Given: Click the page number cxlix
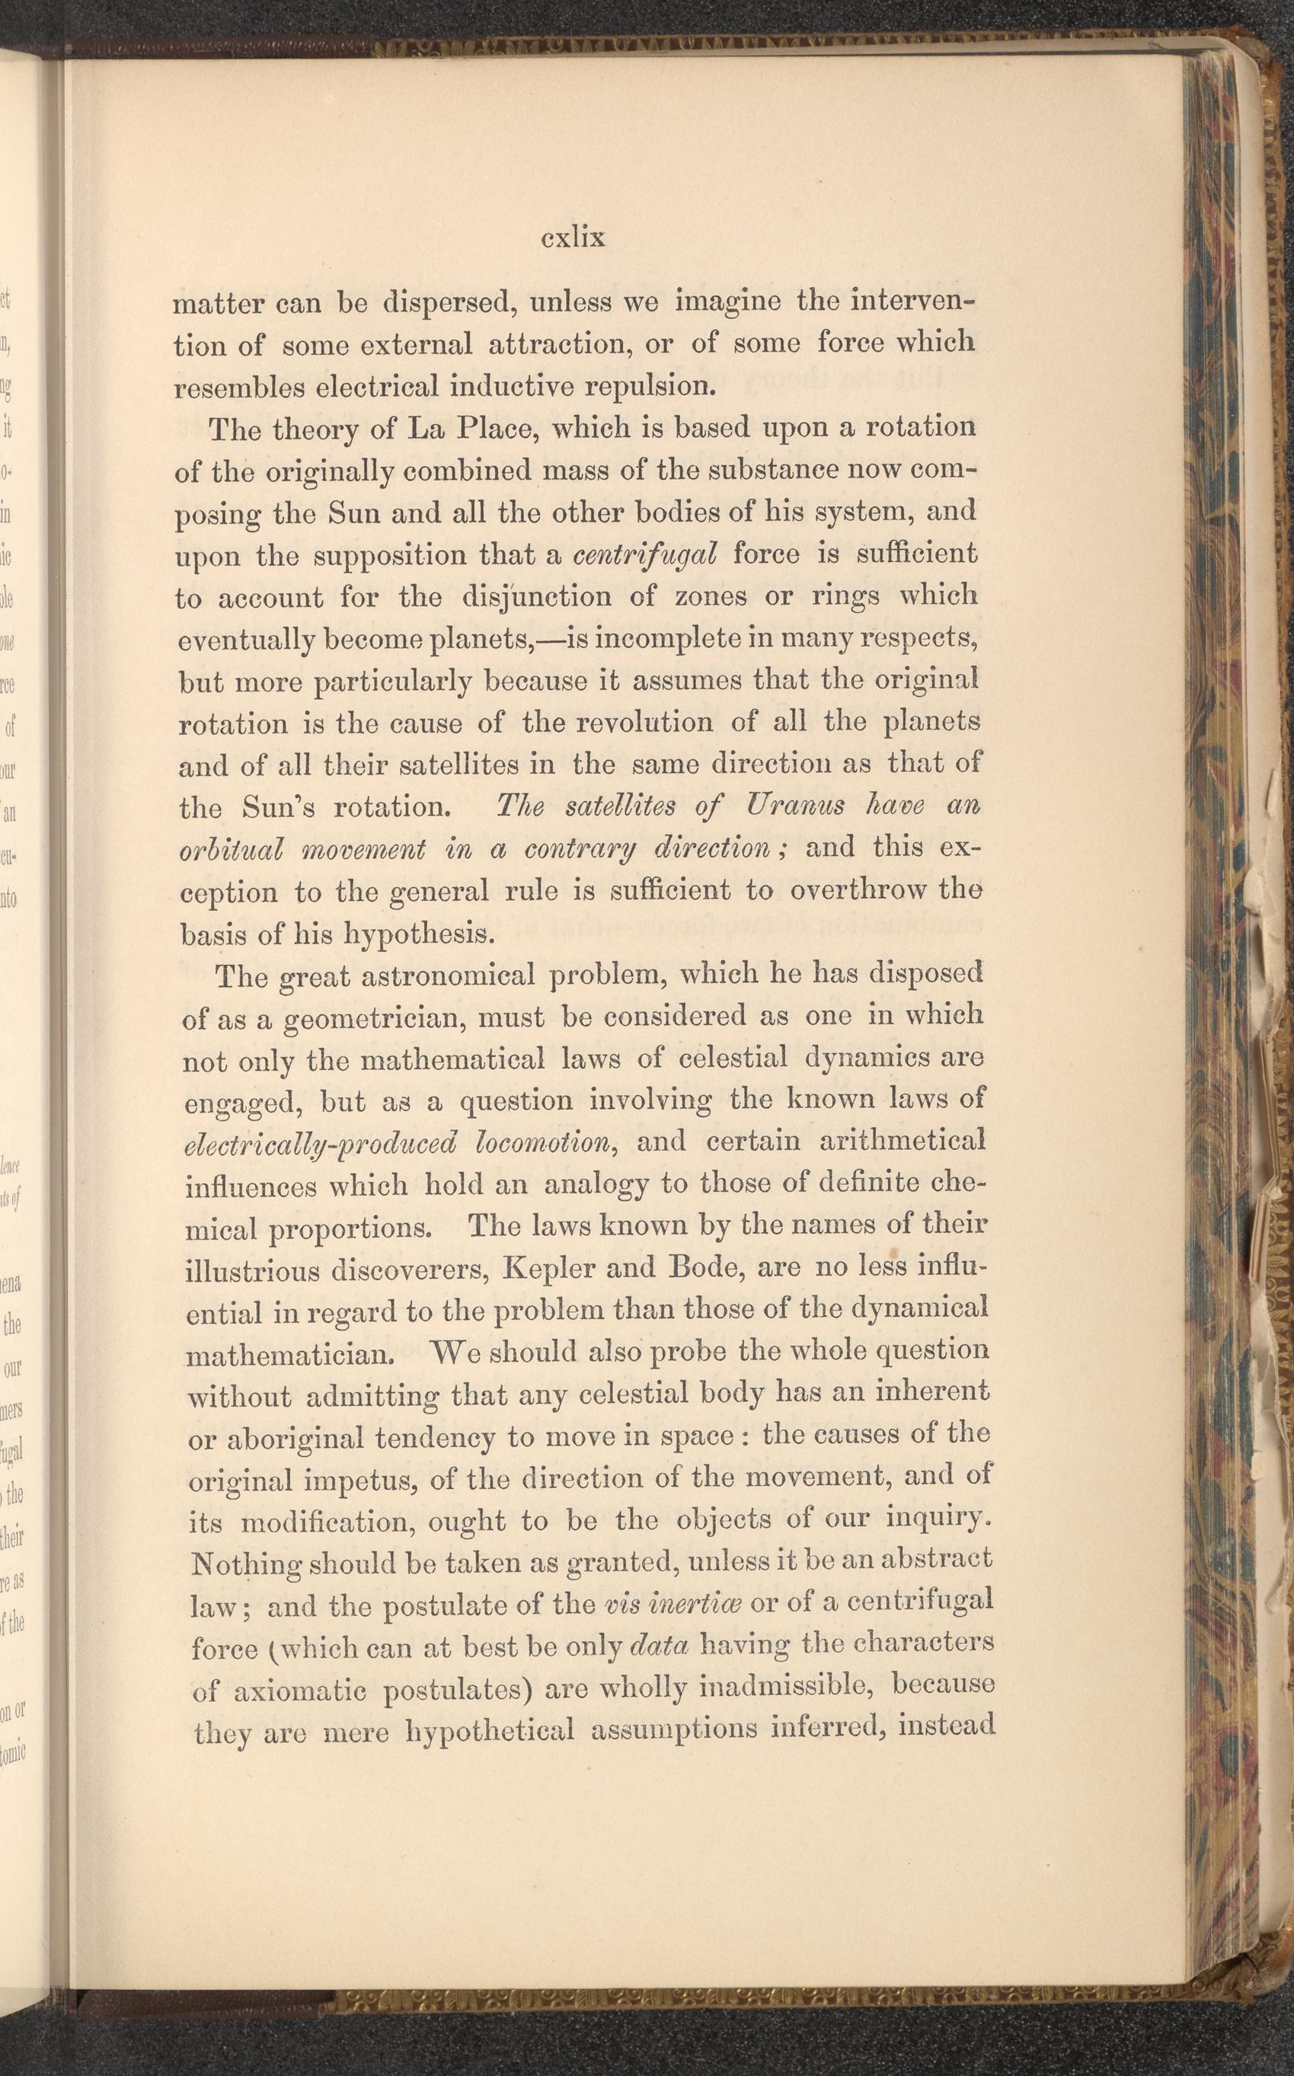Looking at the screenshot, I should point(573,238).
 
